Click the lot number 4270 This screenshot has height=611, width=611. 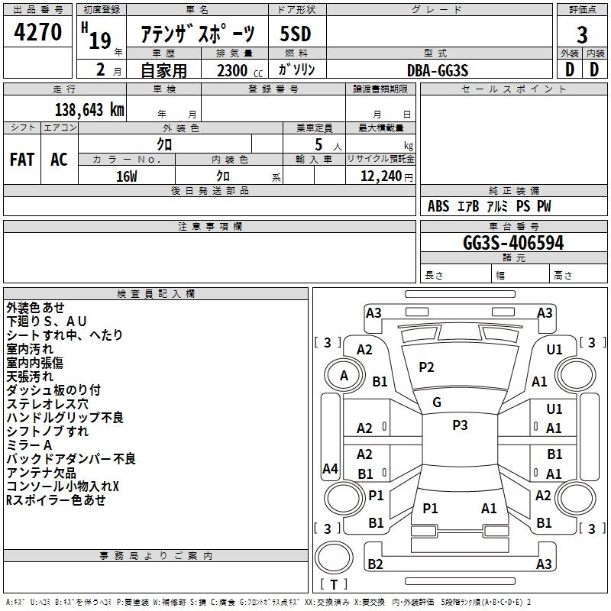[x=37, y=31]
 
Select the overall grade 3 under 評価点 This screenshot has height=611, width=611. [x=582, y=34]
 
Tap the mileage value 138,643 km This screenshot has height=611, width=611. [x=89, y=109]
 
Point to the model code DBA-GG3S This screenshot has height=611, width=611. [x=437, y=70]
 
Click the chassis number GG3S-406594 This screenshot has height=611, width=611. [x=513, y=243]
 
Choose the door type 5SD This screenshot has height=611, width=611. [x=296, y=34]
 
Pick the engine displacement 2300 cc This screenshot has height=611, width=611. [x=240, y=70]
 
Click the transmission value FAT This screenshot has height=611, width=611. [x=22, y=160]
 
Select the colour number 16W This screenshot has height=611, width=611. [x=127, y=176]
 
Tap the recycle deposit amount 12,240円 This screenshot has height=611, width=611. [x=386, y=176]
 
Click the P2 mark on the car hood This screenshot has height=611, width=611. [x=426, y=367]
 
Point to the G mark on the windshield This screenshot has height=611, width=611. [x=437, y=402]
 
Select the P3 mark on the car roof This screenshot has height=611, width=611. [x=460, y=425]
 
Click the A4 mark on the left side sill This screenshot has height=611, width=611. [x=330, y=468]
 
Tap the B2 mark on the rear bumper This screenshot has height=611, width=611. [x=375, y=564]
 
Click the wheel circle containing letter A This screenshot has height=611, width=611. [x=344, y=376]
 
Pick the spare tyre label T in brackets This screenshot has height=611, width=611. [x=334, y=584]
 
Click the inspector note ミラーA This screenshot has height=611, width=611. [x=29, y=445]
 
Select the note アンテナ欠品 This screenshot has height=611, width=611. [x=41, y=473]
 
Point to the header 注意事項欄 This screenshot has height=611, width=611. [x=210, y=226]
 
